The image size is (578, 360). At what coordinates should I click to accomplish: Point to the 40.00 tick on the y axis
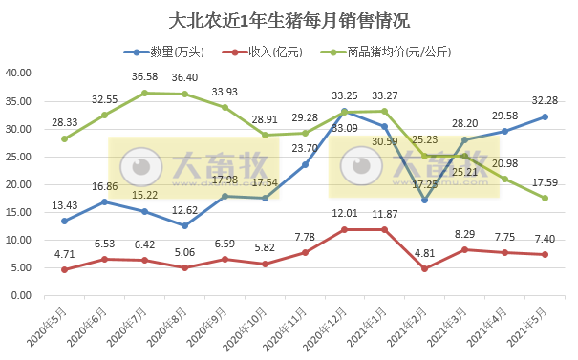pyautogui.click(x=22, y=74)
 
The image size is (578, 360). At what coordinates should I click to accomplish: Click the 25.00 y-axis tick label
pyautogui.click(x=22, y=157)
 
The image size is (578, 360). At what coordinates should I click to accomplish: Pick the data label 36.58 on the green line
pyautogui.click(x=145, y=77)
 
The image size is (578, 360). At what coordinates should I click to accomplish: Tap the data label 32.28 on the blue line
pyautogui.click(x=545, y=100)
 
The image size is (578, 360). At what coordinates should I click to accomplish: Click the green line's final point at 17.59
pyautogui.click(x=545, y=198)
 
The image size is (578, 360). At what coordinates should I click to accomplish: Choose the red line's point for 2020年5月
pyautogui.click(x=64, y=269)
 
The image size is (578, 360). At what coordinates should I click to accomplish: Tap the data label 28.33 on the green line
pyautogui.click(x=65, y=122)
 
